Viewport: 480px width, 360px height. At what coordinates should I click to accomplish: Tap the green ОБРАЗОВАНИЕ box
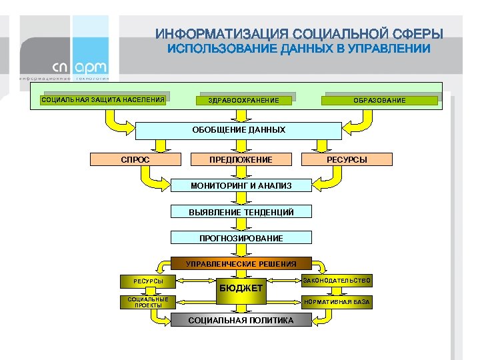point(379,101)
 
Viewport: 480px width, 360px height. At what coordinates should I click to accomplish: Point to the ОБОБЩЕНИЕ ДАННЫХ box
point(239,130)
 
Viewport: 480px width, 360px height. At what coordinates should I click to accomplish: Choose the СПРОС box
point(135,159)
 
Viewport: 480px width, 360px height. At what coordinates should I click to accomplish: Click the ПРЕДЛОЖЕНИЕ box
point(241,159)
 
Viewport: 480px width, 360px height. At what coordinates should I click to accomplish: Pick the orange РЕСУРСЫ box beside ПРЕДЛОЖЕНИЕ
point(347,159)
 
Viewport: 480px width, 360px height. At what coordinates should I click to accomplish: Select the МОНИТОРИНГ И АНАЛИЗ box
point(241,185)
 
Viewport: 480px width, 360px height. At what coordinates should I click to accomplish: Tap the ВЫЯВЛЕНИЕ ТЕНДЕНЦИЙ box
point(241,212)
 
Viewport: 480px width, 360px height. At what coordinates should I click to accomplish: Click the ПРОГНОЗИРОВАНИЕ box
point(241,238)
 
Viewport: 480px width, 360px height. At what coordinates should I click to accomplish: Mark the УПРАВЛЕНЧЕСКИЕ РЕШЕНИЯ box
point(241,264)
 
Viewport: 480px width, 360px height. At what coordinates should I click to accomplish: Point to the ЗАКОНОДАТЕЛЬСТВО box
point(337,280)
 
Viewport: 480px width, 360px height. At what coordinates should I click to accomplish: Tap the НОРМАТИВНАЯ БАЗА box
point(337,302)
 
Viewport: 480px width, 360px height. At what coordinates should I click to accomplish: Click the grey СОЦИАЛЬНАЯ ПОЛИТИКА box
point(241,321)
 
